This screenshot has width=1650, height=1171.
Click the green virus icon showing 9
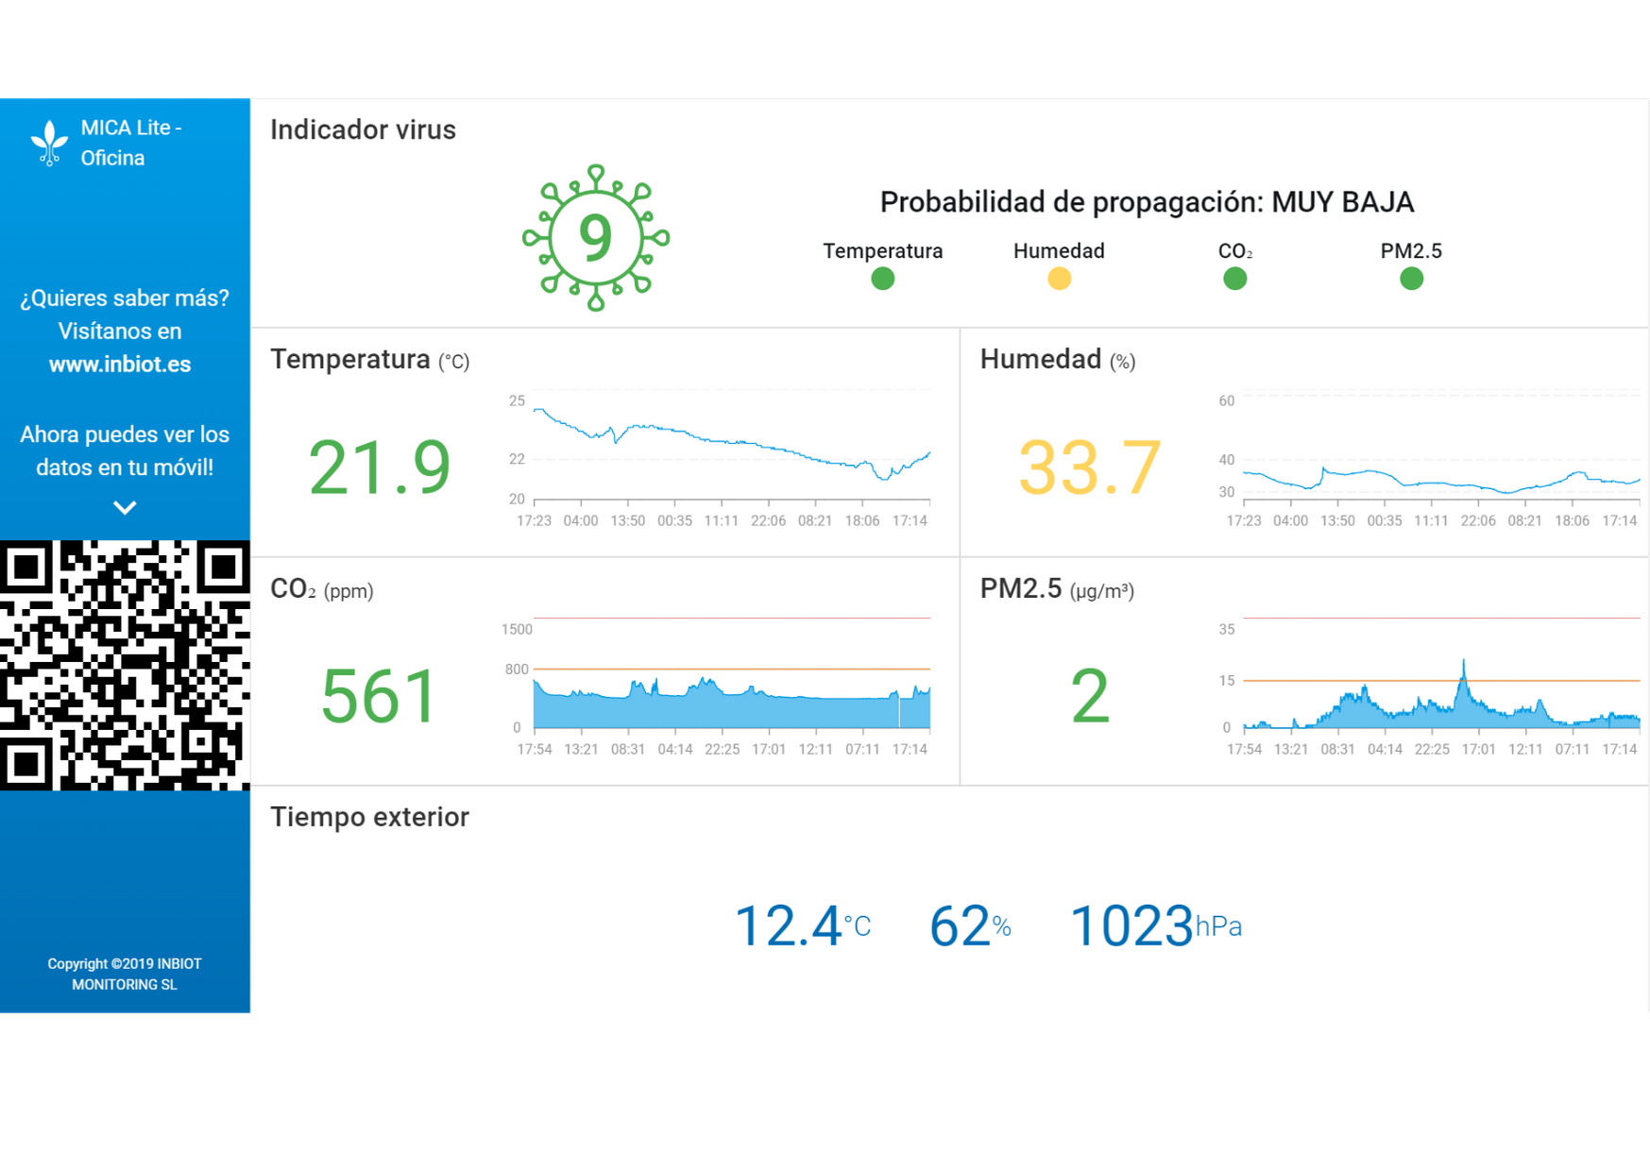596,237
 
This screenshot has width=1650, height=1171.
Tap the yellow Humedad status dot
1059,279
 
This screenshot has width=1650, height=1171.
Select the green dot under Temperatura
882,279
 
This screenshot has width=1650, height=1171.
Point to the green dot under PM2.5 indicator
1411,279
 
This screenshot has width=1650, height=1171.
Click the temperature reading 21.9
379,467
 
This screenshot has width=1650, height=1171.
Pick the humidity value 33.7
1089,467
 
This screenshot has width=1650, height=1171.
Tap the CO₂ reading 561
379,697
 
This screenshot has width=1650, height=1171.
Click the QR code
125,665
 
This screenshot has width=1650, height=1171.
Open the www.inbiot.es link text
120,365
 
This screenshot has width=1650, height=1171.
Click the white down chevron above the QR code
125,508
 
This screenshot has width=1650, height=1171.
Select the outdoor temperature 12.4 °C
802,925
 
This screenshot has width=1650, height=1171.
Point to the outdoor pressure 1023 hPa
1154,925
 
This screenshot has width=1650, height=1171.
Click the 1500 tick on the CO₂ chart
517,629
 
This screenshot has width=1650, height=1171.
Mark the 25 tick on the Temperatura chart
517,400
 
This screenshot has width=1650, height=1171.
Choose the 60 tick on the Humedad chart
1226,400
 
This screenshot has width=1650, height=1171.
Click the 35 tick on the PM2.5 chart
1226,629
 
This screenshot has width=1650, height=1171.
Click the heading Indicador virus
363,129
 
